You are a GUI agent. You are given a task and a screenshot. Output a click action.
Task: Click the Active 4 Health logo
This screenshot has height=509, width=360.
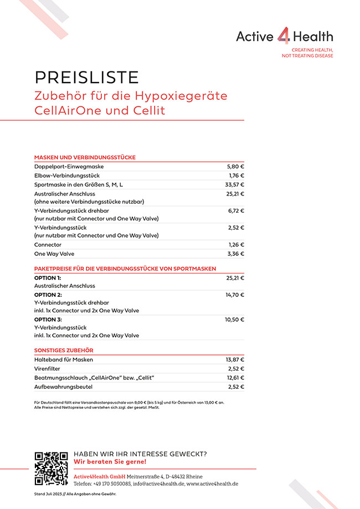(284, 37)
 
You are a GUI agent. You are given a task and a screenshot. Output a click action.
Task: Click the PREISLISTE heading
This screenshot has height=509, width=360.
(86, 77)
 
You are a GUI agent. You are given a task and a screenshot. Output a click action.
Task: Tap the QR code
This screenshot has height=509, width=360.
(51, 469)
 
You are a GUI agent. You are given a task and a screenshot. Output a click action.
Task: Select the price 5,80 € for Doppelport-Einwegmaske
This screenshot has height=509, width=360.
(235, 167)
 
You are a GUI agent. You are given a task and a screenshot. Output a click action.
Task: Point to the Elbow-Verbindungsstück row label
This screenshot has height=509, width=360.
(67, 176)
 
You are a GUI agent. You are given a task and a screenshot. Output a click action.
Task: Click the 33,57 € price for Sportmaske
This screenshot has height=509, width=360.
(234, 184)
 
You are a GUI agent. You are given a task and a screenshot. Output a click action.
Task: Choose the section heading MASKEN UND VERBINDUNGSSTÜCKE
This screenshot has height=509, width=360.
(85, 157)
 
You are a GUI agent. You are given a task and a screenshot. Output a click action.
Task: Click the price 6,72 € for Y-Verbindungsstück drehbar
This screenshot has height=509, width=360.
(235, 211)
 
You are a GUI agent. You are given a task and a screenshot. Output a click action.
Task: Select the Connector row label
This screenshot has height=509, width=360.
(48, 245)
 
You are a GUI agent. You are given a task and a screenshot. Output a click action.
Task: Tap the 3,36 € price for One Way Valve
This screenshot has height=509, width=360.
(235, 254)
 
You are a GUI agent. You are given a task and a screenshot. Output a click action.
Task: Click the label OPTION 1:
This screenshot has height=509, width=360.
(48, 278)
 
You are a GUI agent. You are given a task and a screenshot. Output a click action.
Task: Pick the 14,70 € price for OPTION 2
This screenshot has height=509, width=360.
(234, 295)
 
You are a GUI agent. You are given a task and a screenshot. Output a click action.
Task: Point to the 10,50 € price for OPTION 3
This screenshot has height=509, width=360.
(234, 320)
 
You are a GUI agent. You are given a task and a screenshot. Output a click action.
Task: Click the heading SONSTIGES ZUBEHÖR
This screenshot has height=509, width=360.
(64, 351)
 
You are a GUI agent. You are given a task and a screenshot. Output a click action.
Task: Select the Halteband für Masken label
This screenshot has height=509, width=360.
(64, 359)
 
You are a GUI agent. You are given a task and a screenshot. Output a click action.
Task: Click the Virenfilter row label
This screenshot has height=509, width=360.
(47, 368)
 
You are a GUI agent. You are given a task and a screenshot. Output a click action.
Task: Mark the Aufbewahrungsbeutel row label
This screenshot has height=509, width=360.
(63, 387)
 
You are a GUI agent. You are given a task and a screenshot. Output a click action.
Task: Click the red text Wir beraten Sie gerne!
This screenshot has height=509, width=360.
(110, 462)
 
